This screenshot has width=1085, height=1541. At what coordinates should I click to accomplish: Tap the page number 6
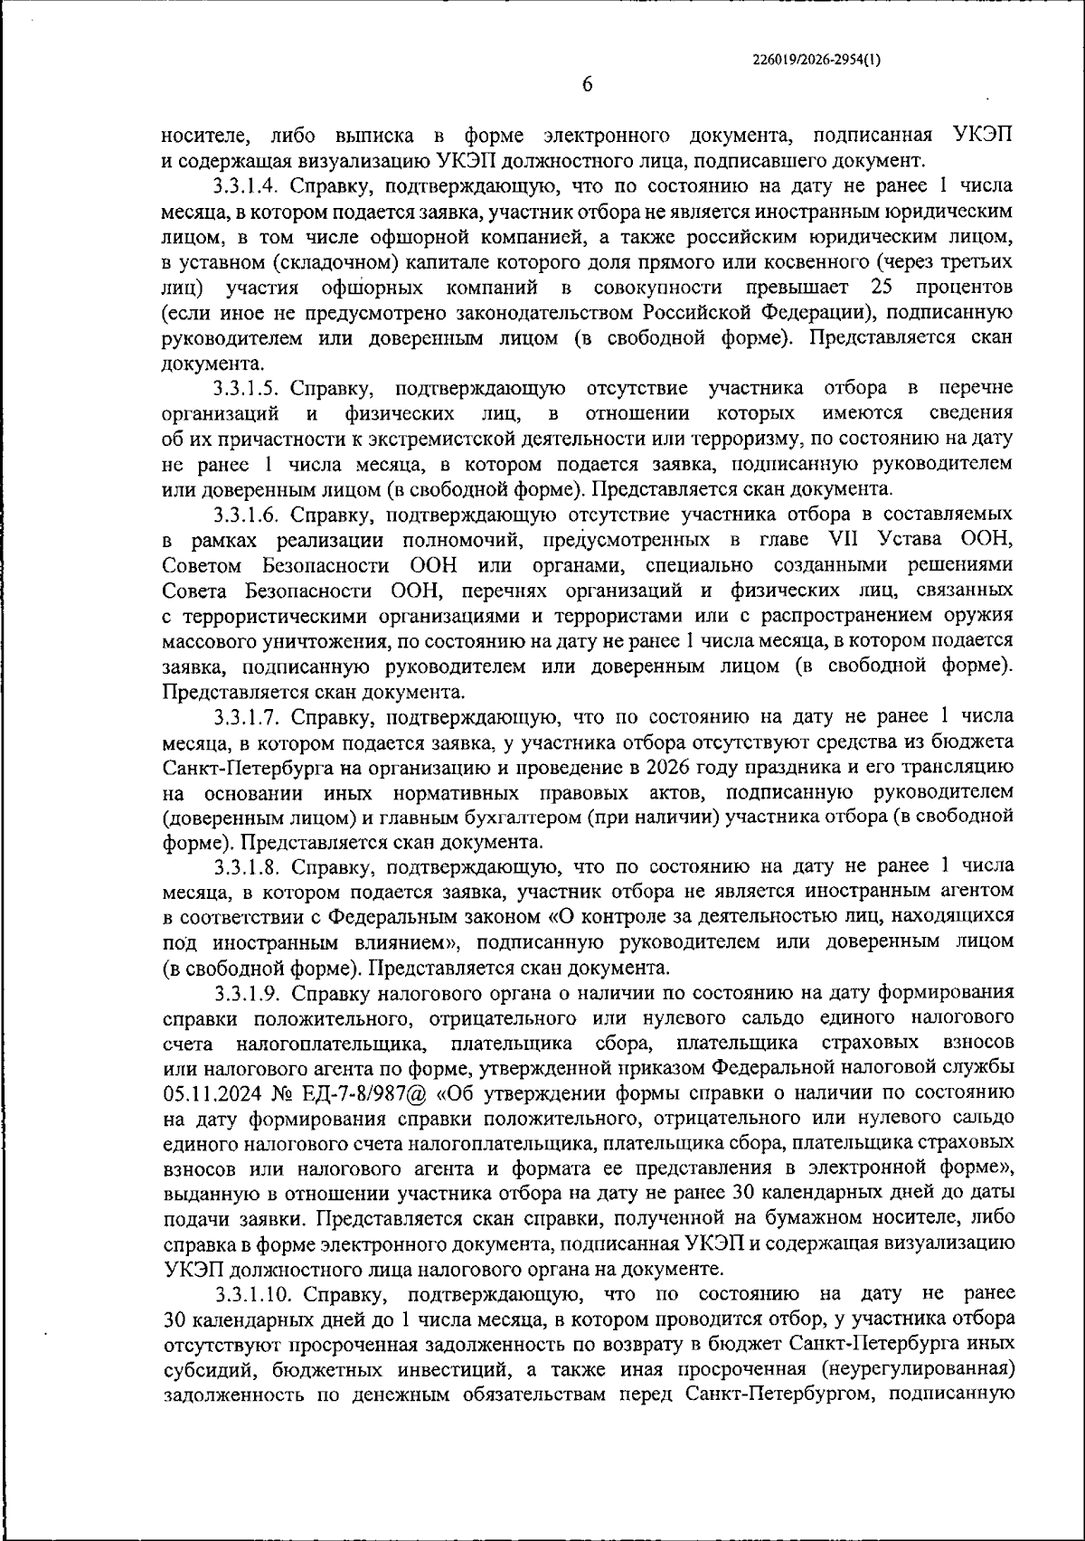[x=587, y=84]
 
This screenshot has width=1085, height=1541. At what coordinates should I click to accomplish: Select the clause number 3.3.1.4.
[x=249, y=186]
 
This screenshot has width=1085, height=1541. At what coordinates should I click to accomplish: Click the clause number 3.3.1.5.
[x=249, y=388]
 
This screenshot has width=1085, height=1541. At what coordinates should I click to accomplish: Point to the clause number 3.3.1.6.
[x=249, y=515]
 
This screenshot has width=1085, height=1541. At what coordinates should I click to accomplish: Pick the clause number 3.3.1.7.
[x=249, y=716]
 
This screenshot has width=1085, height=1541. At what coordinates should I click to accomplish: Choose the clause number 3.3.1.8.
[x=249, y=866]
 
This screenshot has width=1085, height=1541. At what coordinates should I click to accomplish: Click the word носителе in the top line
[x=206, y=137]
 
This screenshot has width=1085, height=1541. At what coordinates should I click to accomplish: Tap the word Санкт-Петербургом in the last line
[x=778, y=1394]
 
